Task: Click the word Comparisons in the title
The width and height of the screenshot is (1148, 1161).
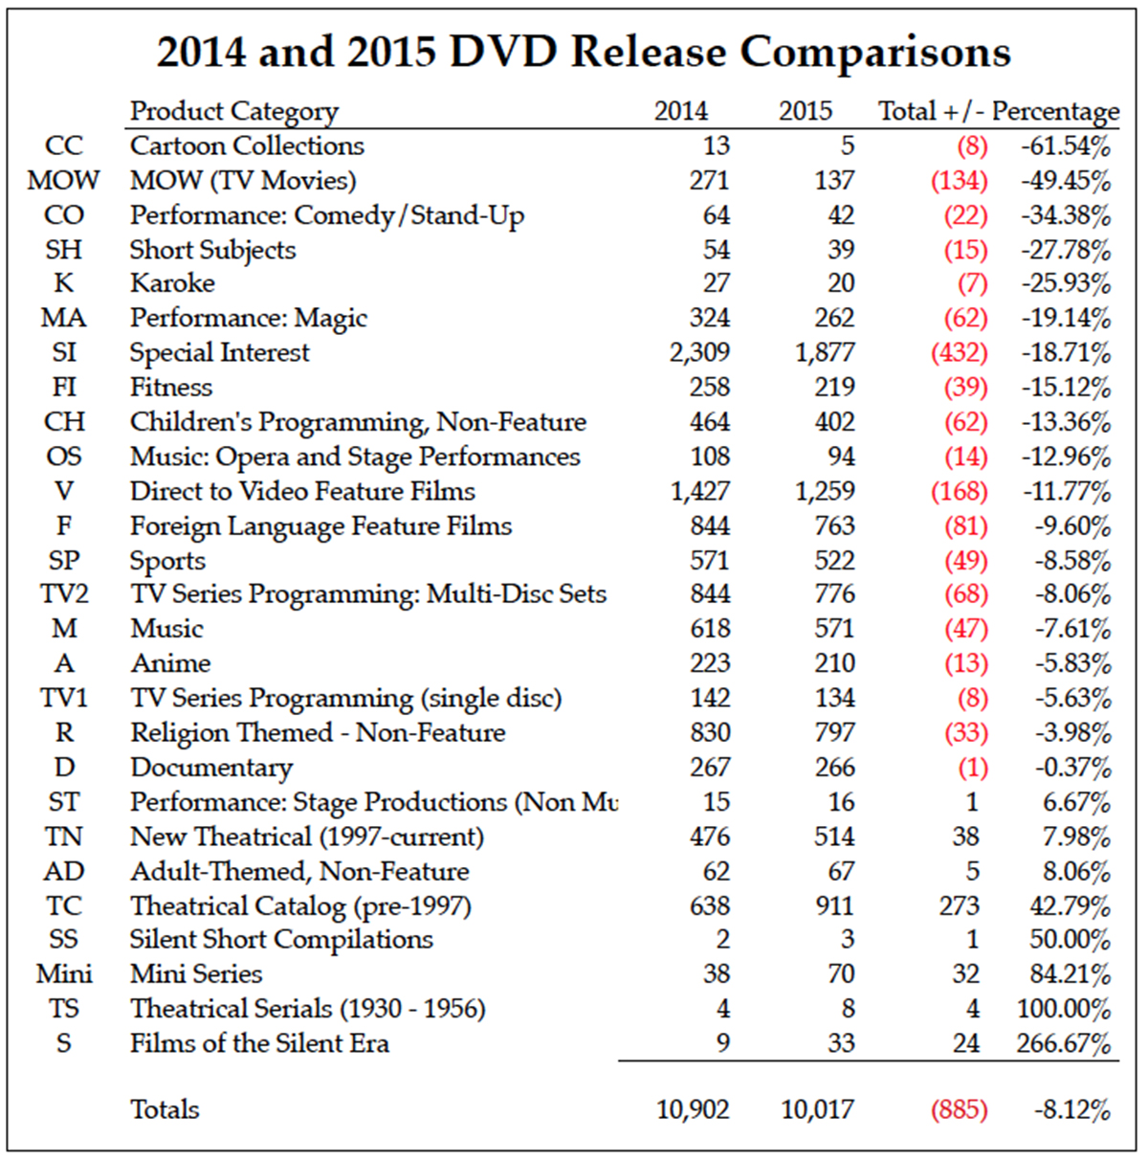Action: [875, 52]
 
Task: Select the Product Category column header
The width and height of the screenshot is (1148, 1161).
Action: [234, 112]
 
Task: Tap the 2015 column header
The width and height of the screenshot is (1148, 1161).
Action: [806, 111]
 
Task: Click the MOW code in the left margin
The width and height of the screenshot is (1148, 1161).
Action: [63, 180]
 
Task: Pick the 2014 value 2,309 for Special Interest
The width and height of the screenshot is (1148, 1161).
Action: [699, 352]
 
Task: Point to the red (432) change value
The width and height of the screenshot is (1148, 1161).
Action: [959, 353]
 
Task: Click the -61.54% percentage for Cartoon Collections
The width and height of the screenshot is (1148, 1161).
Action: [1065, 146]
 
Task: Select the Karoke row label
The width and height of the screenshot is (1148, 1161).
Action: [172, 283]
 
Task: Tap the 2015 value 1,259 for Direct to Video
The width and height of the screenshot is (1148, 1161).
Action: [825, 491]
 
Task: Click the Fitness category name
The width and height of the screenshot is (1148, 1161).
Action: [171, 388]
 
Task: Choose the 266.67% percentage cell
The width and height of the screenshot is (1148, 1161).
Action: [1064, 1043]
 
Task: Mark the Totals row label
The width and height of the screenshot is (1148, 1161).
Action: [165, 1109]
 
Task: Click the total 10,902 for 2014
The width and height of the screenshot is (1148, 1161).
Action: [693, 1110]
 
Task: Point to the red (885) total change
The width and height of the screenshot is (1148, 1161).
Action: [959, 1110]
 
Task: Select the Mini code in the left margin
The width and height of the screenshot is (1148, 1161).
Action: [64, 974]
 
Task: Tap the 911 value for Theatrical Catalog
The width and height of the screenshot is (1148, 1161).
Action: [834, 905]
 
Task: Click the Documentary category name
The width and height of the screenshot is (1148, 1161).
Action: [211, 768]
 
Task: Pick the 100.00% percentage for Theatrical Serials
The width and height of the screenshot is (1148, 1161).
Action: [1064, 1009]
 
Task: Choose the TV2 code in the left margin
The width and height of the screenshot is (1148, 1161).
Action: [64, 594]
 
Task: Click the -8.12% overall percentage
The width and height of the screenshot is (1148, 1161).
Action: [1071, 1110]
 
